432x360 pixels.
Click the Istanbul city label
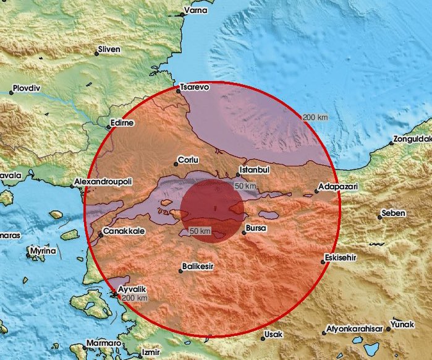pyautogui.click(x=256, y=169)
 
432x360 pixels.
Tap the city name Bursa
pyautogui.click(x=256, y=228)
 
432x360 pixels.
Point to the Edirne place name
pyautogui.click(x=122, y=123)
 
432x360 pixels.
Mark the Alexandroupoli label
pyautogui.click(x=102, y=182)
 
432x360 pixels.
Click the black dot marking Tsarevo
pyautogui.click(x=178, y=91)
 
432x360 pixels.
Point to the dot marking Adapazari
pyautogui.click(x=316, y=191)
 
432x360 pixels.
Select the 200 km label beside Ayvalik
pyautogui.click(x=135, y=298)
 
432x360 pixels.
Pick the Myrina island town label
pyautogui.click(x=44, y=251)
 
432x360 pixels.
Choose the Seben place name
pyautogui.click(x=394, y=213)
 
